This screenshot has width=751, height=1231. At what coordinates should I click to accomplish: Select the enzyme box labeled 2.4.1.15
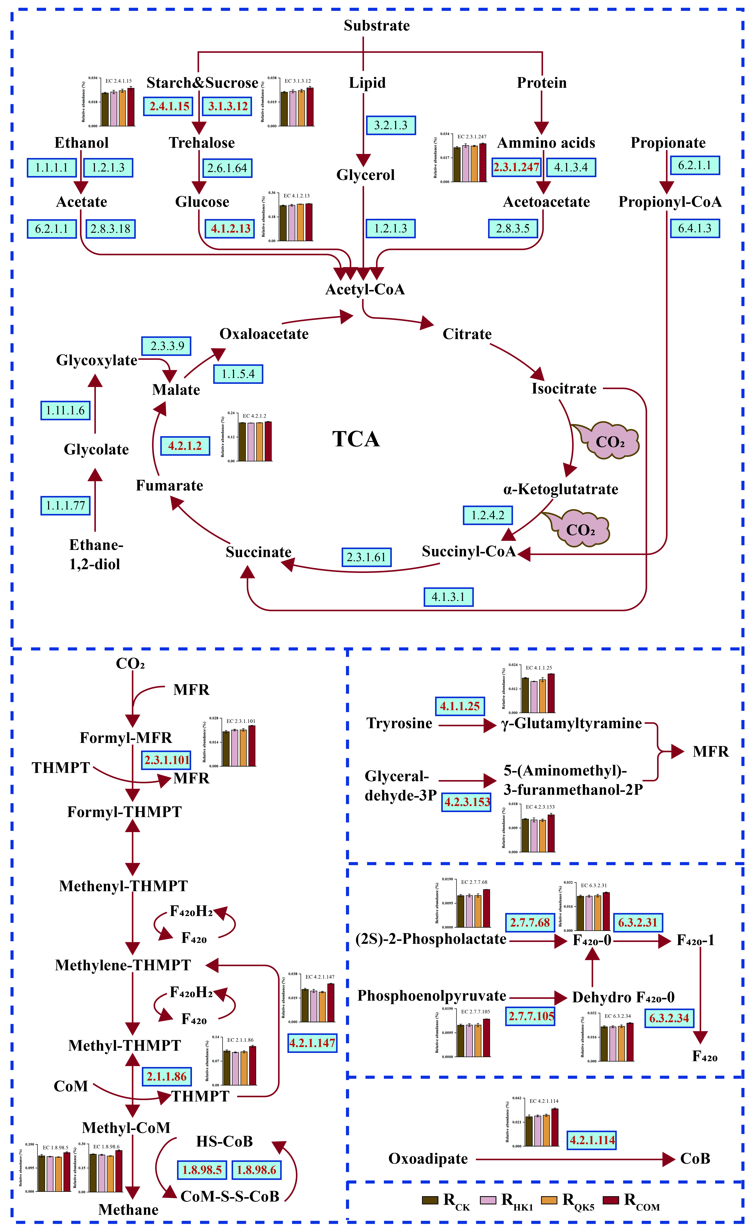169,106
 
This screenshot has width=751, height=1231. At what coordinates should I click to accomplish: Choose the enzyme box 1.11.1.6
65,410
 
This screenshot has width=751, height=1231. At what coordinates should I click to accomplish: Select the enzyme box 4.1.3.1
448,596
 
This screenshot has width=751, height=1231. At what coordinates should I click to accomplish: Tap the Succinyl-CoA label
468,551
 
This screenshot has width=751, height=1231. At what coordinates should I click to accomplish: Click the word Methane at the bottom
128,1209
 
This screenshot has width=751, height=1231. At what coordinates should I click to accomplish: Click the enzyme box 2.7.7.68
530,922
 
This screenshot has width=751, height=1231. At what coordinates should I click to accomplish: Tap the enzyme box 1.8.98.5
202,1170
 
